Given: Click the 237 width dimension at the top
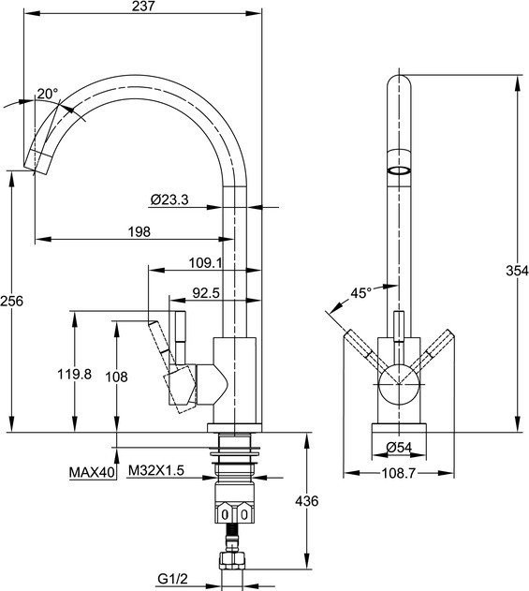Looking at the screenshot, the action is click(143, 6).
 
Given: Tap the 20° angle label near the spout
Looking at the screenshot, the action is click(48, 94).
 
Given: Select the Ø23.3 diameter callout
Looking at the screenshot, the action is click(169, 199).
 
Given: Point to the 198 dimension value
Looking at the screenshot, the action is click(139, 231).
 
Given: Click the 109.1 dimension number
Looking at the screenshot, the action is click(206, 262).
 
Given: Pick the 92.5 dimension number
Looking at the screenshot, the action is click(206, 293).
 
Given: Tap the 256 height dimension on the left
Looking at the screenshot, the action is click(11, 301).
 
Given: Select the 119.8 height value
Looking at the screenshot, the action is click(75, 375).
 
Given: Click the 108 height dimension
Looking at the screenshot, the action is click(116, 377).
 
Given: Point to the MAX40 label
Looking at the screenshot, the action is click(92, 472).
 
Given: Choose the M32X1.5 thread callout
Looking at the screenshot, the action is click(156, 470).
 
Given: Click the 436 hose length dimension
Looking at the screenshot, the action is click(307, 501).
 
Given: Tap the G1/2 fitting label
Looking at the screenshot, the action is click(172, 579).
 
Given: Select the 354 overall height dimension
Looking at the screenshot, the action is click(518, 271).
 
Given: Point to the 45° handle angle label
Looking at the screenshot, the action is click(361, 293).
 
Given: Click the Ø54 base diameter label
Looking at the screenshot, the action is click(399, 448).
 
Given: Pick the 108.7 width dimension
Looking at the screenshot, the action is click(399, 473).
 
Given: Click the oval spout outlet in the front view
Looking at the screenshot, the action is click(399, 170).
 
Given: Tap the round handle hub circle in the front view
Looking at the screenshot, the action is click(399, 384).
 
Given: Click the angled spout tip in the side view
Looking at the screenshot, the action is click(37, 161).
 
